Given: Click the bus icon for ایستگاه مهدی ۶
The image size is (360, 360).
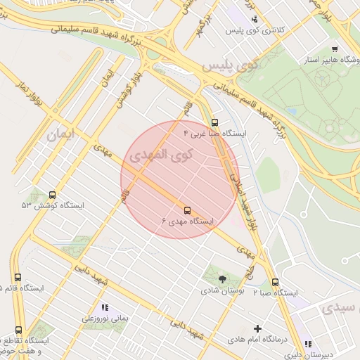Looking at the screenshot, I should pos(187,210).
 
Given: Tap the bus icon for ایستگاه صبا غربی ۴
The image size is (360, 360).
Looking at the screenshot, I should pos(214,122).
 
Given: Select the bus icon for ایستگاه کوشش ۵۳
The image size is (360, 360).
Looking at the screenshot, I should pos(52,195).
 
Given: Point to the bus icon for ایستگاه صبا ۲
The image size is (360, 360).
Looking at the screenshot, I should pos(275,282).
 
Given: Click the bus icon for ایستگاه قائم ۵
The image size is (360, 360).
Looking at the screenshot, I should pos(18,278).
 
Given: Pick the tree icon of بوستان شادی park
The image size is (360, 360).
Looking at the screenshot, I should pos(223,279).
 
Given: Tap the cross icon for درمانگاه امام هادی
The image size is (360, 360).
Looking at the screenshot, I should pos(257,328).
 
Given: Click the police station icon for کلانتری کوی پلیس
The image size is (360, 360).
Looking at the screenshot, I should pos(255,20).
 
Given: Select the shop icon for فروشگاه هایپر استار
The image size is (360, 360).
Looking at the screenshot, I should pos(334,49).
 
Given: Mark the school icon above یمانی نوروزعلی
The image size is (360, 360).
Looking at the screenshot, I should pos(105,307).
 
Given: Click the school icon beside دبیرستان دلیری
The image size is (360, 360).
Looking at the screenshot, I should pos(308,344).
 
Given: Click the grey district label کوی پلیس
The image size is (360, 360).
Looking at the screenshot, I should pos(231,65).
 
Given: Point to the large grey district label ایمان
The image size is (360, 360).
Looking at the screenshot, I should pos(60,134).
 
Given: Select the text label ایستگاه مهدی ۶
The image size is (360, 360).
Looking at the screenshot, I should pos(187,221).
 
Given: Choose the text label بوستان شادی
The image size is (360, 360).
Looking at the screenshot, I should pos(222,290).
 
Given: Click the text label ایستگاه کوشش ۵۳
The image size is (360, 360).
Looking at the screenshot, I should pos(52,206).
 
